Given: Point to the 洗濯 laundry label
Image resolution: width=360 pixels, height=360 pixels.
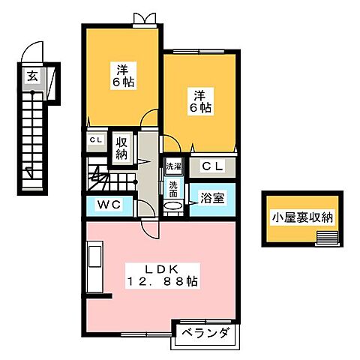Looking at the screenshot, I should [x=172, y=166].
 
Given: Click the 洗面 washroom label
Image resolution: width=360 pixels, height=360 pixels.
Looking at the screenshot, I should [x=172, y=188].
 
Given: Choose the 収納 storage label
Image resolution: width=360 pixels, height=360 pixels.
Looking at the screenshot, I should [x=121, y=148].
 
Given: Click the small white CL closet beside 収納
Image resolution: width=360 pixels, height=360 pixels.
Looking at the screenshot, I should [x=96, y=140].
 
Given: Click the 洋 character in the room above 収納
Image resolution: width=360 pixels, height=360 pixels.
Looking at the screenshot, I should [x=123, y=66].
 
